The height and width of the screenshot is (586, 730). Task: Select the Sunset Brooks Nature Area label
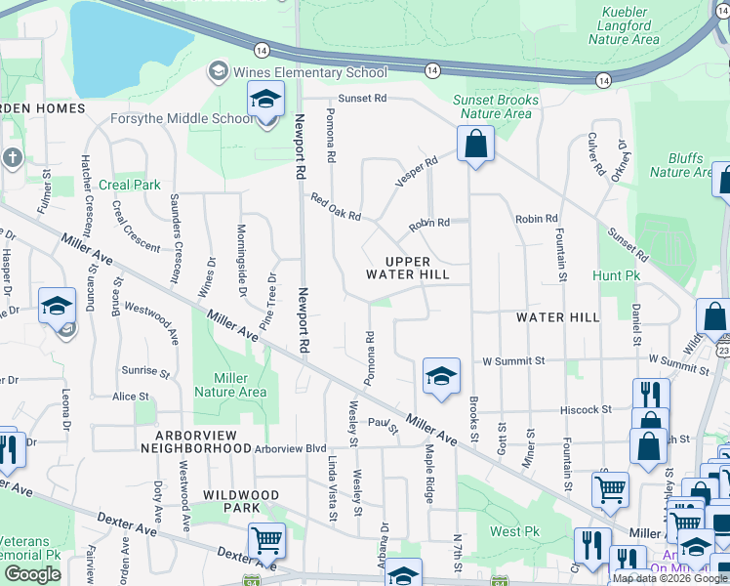[x=496, y=106]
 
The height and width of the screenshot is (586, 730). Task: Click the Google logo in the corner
[x=33, y=574]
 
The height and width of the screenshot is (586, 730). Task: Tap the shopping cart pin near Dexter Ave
[x=266, y=539]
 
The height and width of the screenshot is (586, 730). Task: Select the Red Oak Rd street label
[x=336, y=206]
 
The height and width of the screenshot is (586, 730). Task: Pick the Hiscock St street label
[x=586, y=409]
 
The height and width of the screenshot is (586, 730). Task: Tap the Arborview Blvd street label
[x=290, y=448]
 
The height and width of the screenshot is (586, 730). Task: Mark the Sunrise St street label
[x=145, y=372]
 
